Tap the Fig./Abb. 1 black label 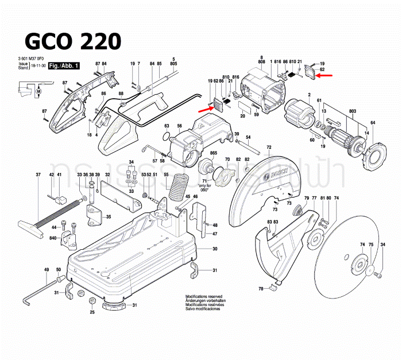click(x=64, y=67)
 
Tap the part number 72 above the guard click(x=269, y=148)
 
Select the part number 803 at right click(x=352, y=110)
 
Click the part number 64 click(x=373, y=123)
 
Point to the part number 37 click(x=38, y=175)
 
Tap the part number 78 click(x=260, y=288)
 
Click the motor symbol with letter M click(x=39, y=92)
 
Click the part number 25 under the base click(x=92, y=312)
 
